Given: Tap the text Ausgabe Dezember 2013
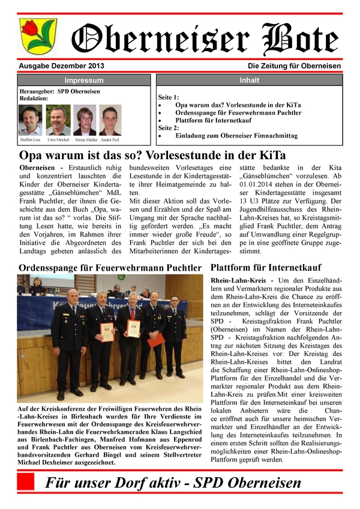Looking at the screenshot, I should [x=57, y=66].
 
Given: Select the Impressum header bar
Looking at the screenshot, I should [x=83, y=80].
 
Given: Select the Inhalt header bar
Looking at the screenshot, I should [x=249, y=80].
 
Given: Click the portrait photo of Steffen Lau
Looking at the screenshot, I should [x=30, y=121].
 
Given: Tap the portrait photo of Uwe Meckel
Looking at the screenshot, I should [x=58, y=121].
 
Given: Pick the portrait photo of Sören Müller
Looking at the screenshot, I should [x=85, y=121].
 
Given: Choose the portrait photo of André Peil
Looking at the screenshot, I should [x=110, y=121].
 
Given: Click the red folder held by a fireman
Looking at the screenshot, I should [x=157, y=340].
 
